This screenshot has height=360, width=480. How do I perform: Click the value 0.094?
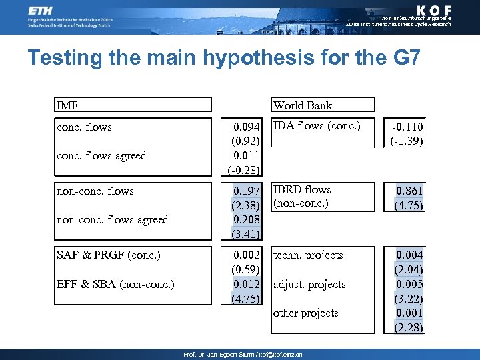tap(247, 127)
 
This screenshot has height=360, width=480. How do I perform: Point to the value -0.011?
tap(245, 156)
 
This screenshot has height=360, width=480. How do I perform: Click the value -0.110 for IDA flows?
tap(408, 127)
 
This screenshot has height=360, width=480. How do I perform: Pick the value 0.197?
tap(247, 191)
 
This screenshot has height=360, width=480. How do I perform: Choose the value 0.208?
tap(247, 219)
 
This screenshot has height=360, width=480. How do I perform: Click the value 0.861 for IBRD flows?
tap(409, 191)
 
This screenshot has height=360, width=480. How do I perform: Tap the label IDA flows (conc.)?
tap(317, 126)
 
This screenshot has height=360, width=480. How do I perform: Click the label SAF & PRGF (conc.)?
tap(109, 255)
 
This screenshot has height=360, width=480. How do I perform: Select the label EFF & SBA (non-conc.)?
tap(115, 285)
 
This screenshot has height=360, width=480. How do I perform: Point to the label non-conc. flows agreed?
tap(113, 220)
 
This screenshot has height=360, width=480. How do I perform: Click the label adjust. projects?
tap(309, 285)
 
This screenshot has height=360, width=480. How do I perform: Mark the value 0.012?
tap(247, 285)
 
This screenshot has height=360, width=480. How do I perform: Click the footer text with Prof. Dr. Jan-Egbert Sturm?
tap(243, 355)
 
